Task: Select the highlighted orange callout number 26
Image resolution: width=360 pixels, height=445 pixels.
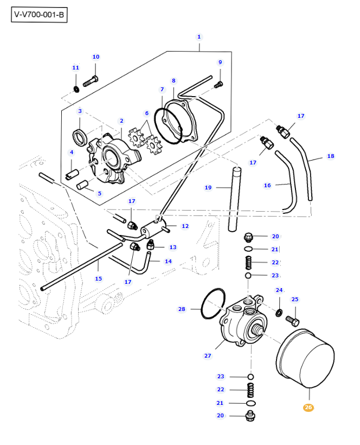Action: pyautogui.click(x=308, y=407)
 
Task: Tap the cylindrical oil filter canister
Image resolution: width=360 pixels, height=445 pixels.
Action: pyautogui.click(x=307, y=361)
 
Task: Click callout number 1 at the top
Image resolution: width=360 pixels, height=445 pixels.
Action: pyautogui.click(x=199, y=37)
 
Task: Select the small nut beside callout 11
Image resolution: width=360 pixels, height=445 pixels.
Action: pyautogui.click(x=76, y=88)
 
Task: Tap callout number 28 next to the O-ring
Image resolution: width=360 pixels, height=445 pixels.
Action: pyautogui.click(x=182, y=309)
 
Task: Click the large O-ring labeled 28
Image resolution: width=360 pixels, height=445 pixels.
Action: pyautogui.click(x=213, y=304)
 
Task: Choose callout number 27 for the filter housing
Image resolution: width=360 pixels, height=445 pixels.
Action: pyautogui.click(x=208, y=356)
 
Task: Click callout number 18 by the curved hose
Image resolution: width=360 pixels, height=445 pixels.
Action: pyautogui.click(x=331, y=156)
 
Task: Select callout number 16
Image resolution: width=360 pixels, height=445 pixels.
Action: pyautogui.click(x=267, y=186)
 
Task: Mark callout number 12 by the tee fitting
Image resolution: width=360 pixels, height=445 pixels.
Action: pyautogui.click(x=185, y=226)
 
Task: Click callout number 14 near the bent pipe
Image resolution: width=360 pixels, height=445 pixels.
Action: pyautogui.click(x=168, y=261)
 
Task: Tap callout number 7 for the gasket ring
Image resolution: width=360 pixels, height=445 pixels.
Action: pyautogui.click(x=162, y=89)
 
